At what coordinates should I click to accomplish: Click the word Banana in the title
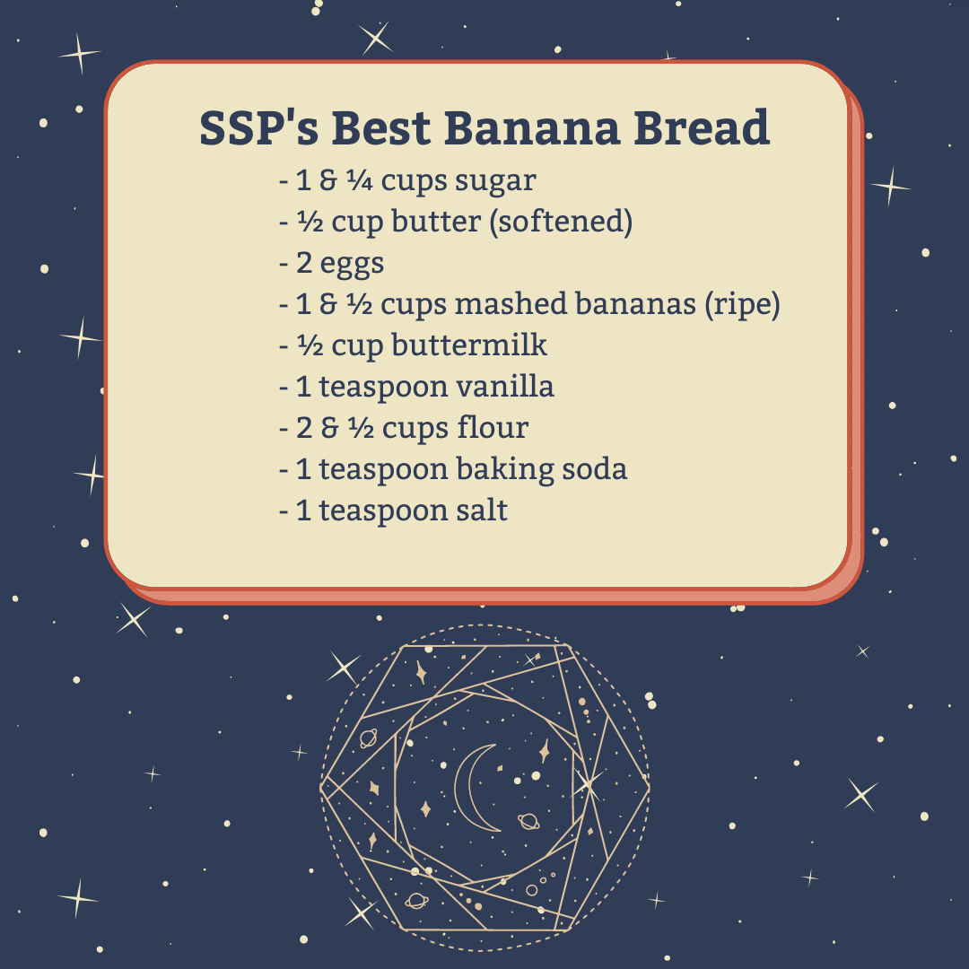pos(531,128)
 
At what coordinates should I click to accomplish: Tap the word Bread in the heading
pos(702,128)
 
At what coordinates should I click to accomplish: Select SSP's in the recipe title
pos(259,128)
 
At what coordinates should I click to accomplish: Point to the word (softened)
pos(561,222)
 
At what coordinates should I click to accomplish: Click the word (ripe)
pos(743,305)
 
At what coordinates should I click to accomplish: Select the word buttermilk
pos(469,345)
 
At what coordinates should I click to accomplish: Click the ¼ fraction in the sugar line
pos(359,180)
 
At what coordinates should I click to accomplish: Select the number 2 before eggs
pos(303,263)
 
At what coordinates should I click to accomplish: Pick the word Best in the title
pos(381,128)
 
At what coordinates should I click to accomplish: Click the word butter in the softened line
pos(436,222)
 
